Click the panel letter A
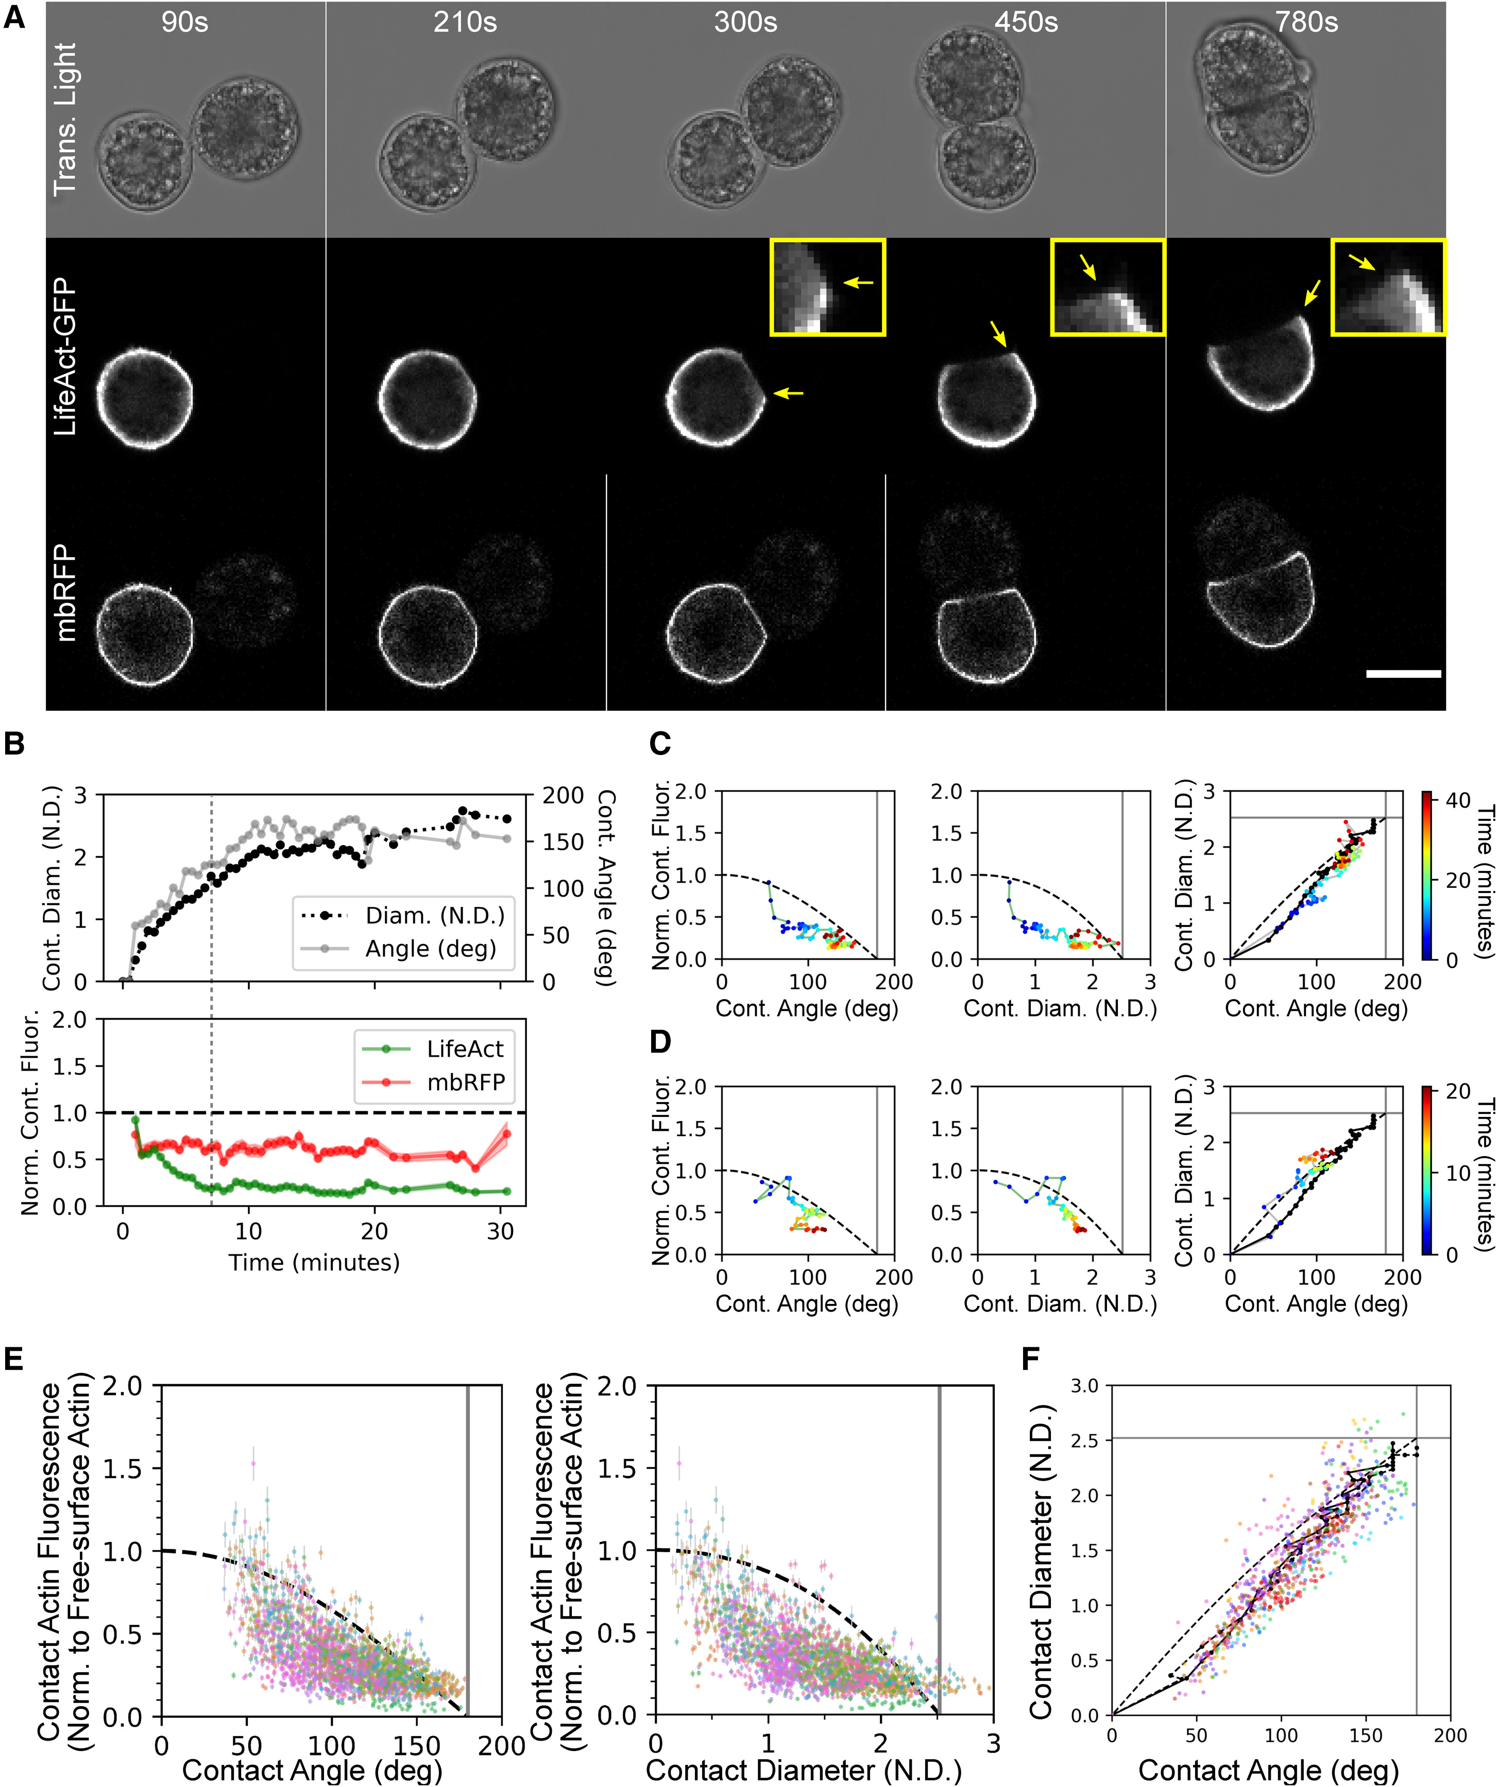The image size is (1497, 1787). click(x=14, y=18)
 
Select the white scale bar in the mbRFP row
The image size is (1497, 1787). click(x=1403, y=674)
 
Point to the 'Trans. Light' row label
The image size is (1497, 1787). click(x=65, y=119)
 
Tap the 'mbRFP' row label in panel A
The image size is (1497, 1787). click(x=65, y=593)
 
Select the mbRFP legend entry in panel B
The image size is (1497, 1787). click(x=465, y=1081)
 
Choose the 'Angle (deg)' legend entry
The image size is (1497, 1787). click(x=430, y=948)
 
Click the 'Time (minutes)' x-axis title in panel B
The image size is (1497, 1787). click(x=314, y=1262)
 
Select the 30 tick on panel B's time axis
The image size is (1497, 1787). click(x=500, y=1231)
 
